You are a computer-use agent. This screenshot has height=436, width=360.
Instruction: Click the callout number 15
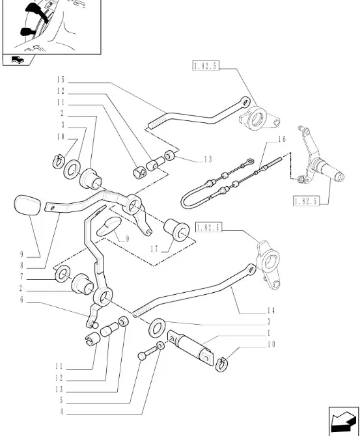coord(61,80)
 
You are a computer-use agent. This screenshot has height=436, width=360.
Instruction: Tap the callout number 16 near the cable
coord(282,139)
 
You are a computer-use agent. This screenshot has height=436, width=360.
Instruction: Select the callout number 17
coord(154,249)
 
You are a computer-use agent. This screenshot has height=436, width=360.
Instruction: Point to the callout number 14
coord(271,310)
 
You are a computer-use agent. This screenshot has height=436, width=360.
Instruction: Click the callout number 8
coord(21,266)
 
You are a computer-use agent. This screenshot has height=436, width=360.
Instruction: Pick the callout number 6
coord(21,300)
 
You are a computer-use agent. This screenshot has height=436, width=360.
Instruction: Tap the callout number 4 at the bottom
coord(61,411)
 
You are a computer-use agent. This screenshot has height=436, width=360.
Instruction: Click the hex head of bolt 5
coord(142,356)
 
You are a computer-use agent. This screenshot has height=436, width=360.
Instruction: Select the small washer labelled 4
coord(160,346)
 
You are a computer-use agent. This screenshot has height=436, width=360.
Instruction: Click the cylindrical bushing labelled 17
coord(176,230)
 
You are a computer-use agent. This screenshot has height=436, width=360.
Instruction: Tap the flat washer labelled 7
coord(63,273)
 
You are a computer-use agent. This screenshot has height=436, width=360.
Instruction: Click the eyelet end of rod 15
coord(245,102)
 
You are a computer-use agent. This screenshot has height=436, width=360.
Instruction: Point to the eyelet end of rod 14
coord(251,269)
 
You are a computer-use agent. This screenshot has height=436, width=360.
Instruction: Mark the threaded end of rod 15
coord(154,124)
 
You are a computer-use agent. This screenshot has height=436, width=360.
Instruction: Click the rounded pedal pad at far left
coord(27,205)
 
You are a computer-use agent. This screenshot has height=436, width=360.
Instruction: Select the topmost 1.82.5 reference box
coord(206,66)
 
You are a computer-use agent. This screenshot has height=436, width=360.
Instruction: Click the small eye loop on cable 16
coord(249,161)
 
